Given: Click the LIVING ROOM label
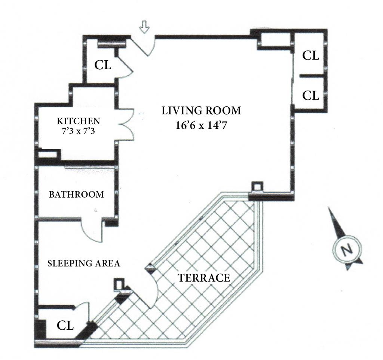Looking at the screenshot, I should pos(201,111).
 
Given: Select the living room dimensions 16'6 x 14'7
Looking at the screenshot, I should pos(202,125).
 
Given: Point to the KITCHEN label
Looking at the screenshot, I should pos(78,121).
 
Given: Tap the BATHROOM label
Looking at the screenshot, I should pos(76,195).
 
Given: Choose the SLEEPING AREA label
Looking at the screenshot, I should pos(84,263).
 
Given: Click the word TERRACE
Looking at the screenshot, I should pos(204,278).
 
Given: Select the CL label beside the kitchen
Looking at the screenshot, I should pos(102,65).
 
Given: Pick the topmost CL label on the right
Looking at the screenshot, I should pos(310,56).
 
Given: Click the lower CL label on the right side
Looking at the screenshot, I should pos(310,95).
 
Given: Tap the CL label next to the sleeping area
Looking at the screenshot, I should pos(65,326).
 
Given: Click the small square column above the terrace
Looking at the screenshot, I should pos(257,186).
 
